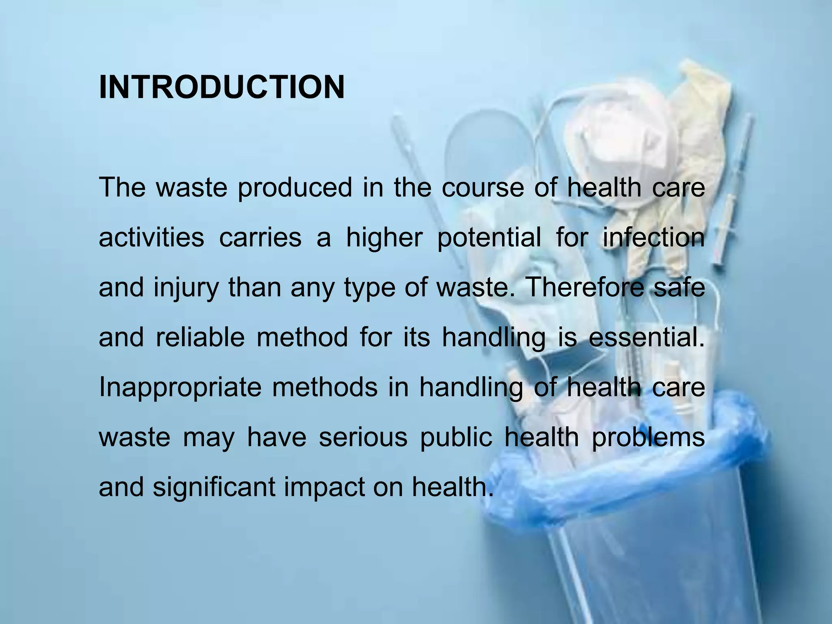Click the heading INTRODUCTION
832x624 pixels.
[x=221, y=87]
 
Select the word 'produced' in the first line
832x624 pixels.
[x=295, y=188]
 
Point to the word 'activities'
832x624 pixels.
[x=151, y=237]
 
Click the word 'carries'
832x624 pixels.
[x=260, y=237]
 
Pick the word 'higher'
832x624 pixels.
[x=384, y=237]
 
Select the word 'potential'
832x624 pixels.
[x=489, y=238]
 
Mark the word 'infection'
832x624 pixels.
[x=653, y=237]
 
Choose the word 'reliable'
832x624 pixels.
[x=200, y=337]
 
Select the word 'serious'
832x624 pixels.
[x=363, y=438]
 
